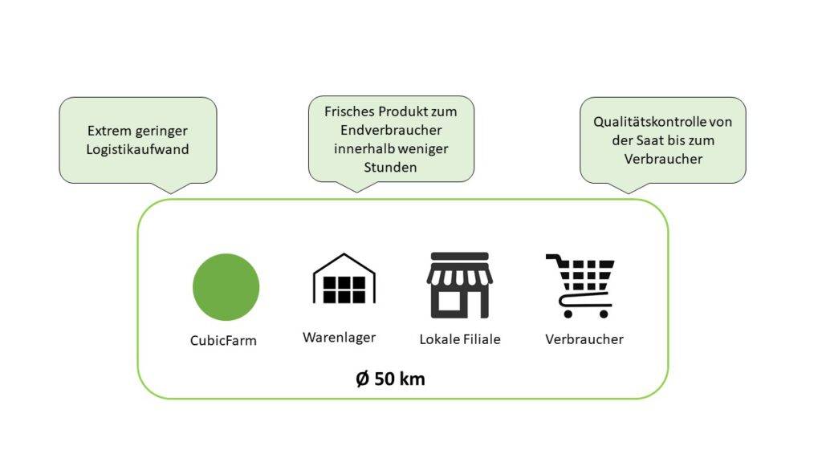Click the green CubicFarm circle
pyautogui.click(x=226, y=287)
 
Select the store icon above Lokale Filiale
pyautogui.click(x=460, y=286)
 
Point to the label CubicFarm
pyautogui.click(x=223, y=340)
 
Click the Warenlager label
pyautogui.click(x=340, y=338)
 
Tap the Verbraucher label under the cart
pyautogui.click(x=584, y=339)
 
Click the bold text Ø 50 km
pyautogui.click(x=391, y=379)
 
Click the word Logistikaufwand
pyautogui.click(x=137, y=149)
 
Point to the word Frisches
pyautogui.click(x=349, y=111)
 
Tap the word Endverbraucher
pyautogui.click(x=391, y=130)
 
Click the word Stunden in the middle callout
pyautogui.click(x=391, y=168)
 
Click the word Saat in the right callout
pyautogui.click(x=649, y=140)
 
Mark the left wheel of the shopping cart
pyautogui.click(x=568, y=314)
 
